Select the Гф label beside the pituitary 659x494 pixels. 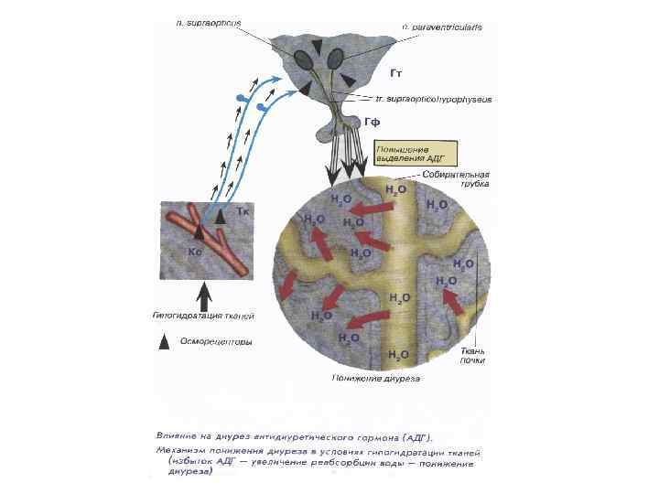pyautogui.click(x=372, y=122)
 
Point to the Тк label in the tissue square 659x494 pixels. pyautogui.click(x=243, y=212)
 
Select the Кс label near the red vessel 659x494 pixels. pyautogui.click(x=195, y=250)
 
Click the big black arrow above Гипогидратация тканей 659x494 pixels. pyautogui.click(x=205, y=294)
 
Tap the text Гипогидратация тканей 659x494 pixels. pyautogui.click(x=202, y=316)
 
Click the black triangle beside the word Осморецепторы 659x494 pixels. pyautogui.click(x=164, y=341)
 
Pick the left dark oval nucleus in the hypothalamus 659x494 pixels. pyautogui.click(x=303, y=59)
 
